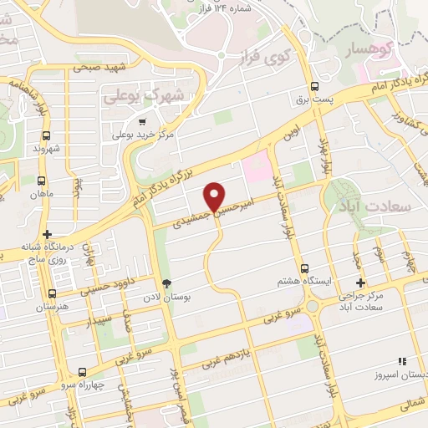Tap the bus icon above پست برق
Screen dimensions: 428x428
tap(315, 86)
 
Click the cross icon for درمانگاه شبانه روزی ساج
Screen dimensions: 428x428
tap(48, 235)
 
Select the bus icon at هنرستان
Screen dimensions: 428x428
tap(53, 293)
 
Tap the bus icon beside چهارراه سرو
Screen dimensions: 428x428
tap(81, 372)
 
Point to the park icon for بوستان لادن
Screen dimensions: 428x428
tap(166, 283)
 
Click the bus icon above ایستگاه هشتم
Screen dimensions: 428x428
tap(303, 269)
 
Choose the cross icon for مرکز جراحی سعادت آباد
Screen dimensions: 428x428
tap(360, 283)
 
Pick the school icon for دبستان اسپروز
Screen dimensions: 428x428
tap(402, 362)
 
